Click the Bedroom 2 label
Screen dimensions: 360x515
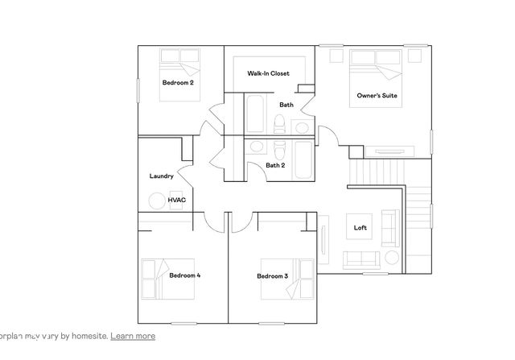(x=178, y=82)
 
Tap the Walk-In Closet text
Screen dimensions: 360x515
(x=268, y=73)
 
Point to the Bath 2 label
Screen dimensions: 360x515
(x=274, y=165)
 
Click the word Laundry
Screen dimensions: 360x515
(x=161, y=176)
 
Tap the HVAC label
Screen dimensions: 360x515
(x=176, y=199)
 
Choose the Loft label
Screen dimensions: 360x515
(x=360, y=227)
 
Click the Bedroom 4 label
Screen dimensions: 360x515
(x=184, y=275)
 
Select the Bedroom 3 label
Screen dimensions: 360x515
(x=272, y=276)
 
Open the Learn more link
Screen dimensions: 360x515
(x=133, y=336)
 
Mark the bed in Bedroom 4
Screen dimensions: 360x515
(x=159, y=275)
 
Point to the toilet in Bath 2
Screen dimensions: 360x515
(x=278, y=149)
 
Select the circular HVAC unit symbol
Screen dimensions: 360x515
(x=156, y=201)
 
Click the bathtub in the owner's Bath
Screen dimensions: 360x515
(x=254, y=114)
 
